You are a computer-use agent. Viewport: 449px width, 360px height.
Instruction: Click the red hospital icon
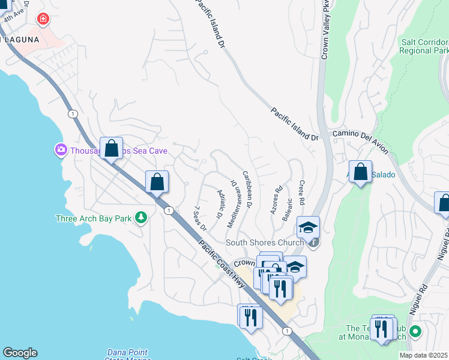[43, 19]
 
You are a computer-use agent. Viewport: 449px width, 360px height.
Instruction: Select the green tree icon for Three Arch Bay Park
[141, 217]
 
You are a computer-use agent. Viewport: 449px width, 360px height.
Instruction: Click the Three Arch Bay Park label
[92, 219]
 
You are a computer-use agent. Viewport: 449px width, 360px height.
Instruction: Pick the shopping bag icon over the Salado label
[360, 172]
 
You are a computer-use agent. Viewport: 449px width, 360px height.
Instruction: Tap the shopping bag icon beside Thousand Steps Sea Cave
[112, 148]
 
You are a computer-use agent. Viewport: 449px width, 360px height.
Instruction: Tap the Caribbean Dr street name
[246, 190]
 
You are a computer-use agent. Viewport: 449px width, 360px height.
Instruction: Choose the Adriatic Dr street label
[220, 203]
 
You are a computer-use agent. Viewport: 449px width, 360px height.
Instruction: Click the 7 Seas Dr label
[199, 219]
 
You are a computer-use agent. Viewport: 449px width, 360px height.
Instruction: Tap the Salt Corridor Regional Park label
[424, 46]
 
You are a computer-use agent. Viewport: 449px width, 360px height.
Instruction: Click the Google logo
[20, 353]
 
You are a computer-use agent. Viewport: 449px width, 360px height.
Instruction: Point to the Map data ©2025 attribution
[423, 355]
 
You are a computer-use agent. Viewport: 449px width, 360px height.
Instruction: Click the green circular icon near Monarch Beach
[414, 331]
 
